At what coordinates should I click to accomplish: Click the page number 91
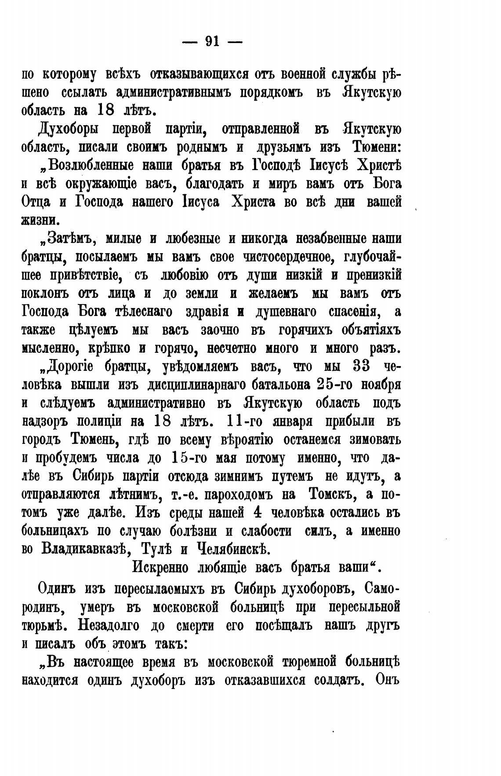click(212, 41)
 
